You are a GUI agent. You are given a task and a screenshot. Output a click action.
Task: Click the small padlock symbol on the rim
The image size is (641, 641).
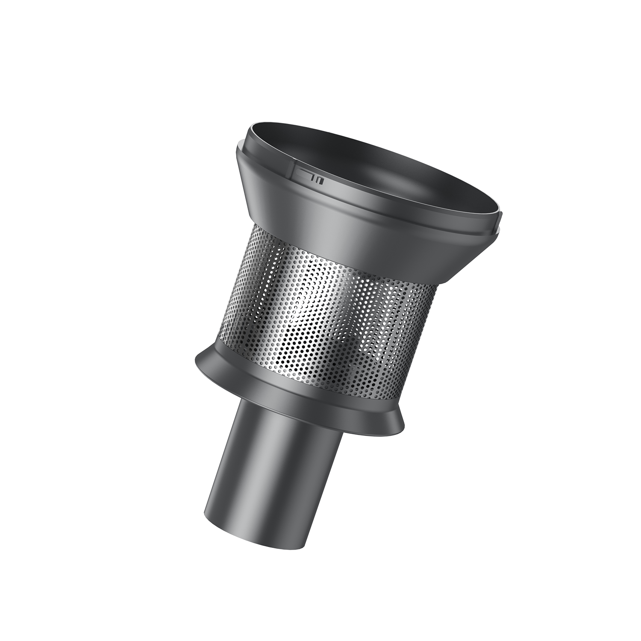320,181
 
